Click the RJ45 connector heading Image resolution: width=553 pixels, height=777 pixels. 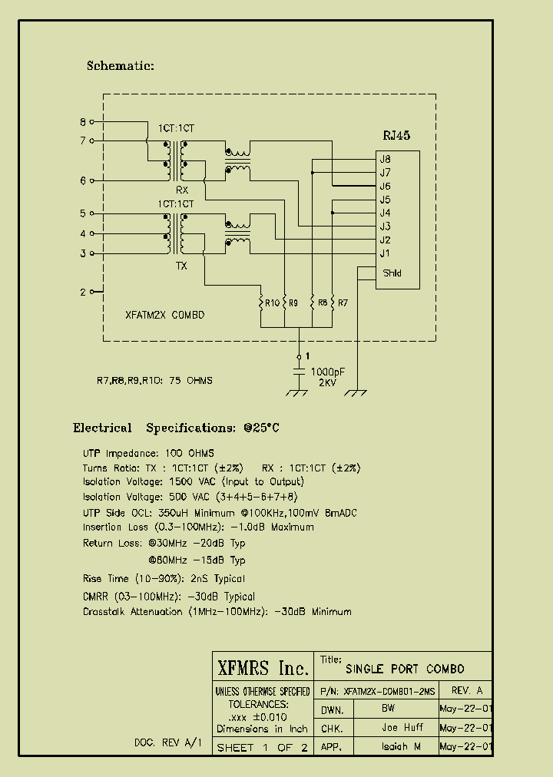pos(396,136)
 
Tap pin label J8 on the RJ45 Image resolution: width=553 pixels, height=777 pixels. pos(385,159)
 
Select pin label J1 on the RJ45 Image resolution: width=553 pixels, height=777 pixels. pos(385,253)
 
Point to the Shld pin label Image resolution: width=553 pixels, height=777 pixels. pos(391,273)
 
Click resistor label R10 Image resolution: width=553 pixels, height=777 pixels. pos(271,303)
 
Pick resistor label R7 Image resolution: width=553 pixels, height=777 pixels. pos(343,303)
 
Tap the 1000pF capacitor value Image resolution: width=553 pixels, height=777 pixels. pos(327,371)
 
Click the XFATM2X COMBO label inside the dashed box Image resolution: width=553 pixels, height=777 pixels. pos(164,316)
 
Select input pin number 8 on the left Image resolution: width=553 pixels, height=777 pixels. pos(83,121)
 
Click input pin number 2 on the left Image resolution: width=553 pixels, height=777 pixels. pos(83,292)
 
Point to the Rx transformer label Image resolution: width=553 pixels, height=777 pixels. pos(181,190)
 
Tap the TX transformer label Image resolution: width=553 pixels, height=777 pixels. pos(181,266)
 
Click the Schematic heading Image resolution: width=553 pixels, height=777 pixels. pos(121,66)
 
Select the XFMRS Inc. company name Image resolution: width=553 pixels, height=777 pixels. pos(263,667)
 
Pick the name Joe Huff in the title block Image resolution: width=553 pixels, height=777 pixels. pos(402,727)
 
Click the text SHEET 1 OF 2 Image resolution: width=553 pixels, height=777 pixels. pos(262,747)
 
